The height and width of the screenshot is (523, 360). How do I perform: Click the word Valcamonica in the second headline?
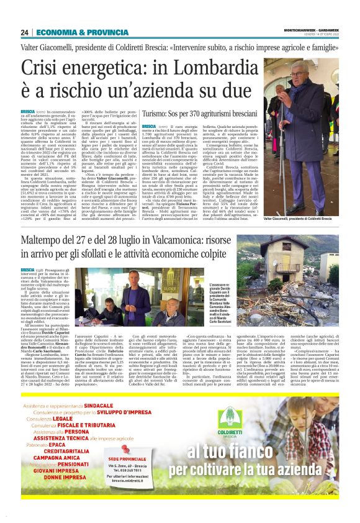pyautogui.click(x=199, y=224)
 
